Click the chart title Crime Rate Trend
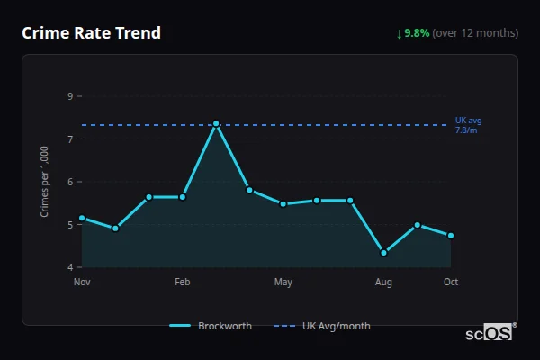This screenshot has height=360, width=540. (x=91, y=33)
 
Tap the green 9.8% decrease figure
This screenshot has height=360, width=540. (x=417, y=33)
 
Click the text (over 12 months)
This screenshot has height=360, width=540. (x=475, y=33)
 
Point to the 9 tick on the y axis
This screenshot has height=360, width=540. (x=70, y=96)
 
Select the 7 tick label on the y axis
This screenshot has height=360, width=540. (x=70, y=139)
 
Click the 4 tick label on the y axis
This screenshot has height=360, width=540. (x=70, y=268)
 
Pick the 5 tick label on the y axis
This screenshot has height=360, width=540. (x=70, y=225)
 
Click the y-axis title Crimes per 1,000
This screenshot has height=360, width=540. (x=45, y=182)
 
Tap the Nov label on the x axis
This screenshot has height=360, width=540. (x=82, y=283)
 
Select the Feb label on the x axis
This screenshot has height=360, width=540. (x=183, y=283)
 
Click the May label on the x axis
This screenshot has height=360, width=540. (x=283, y=283)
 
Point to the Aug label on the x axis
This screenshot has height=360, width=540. (x=383, y=283)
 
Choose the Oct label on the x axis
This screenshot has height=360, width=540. (x=451, y=283)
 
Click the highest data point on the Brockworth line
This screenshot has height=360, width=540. (x=216, y=124)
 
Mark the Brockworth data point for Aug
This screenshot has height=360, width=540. (x=383, y=253)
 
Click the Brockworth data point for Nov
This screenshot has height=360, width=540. (x=82, y=218)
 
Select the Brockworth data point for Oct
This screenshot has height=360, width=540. (x=451, y=236)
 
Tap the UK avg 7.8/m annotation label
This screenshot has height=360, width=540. (x=468, y=125)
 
